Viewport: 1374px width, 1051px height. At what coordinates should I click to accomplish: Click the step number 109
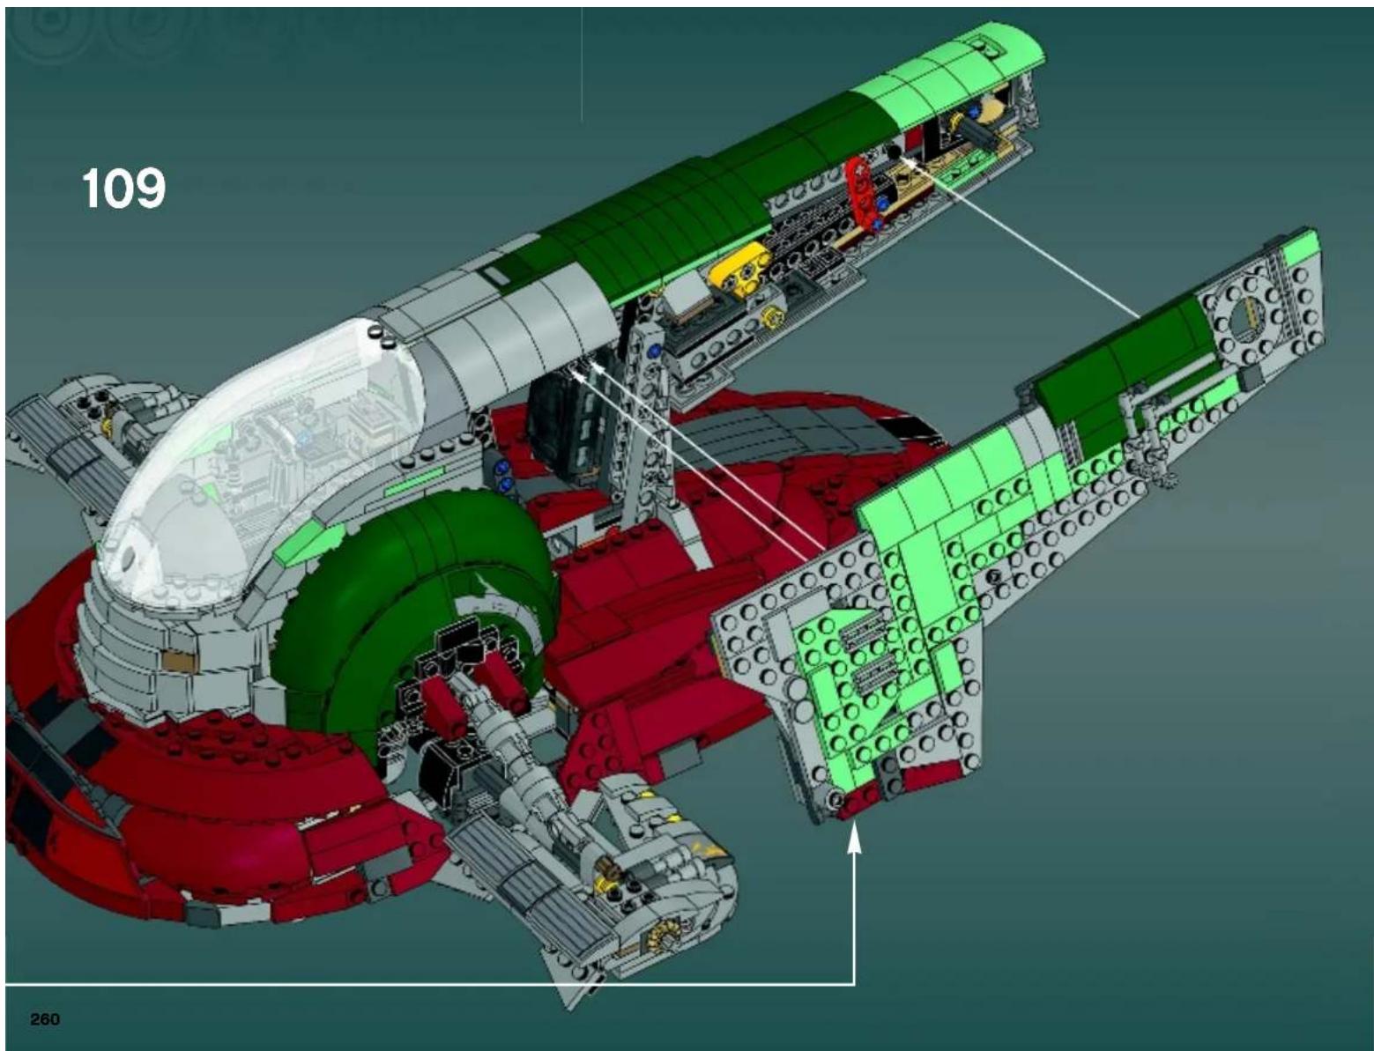click(123, 189)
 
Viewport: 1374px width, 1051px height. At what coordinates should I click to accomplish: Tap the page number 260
click(45, 1019)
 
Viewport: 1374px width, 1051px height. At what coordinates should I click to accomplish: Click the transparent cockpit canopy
click(264, 440)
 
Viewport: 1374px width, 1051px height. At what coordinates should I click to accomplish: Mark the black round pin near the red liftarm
click(895, 153)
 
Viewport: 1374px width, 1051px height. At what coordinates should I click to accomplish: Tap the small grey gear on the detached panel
click(1170, 480)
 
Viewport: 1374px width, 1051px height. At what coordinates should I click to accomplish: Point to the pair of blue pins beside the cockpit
click(504, 476)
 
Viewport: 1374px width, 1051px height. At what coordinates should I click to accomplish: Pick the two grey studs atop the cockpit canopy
click(382, 333)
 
